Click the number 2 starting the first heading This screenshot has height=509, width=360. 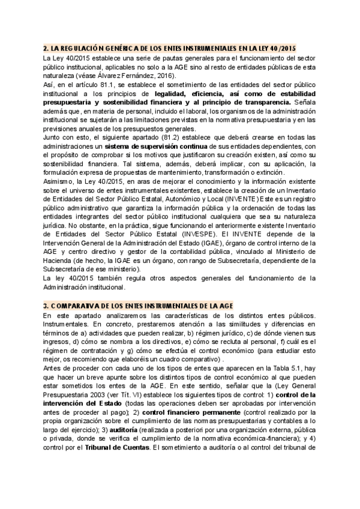pyautogui.click(x=46, y=47)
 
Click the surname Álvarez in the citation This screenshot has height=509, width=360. pyautogui.click(x=119, y=77)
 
